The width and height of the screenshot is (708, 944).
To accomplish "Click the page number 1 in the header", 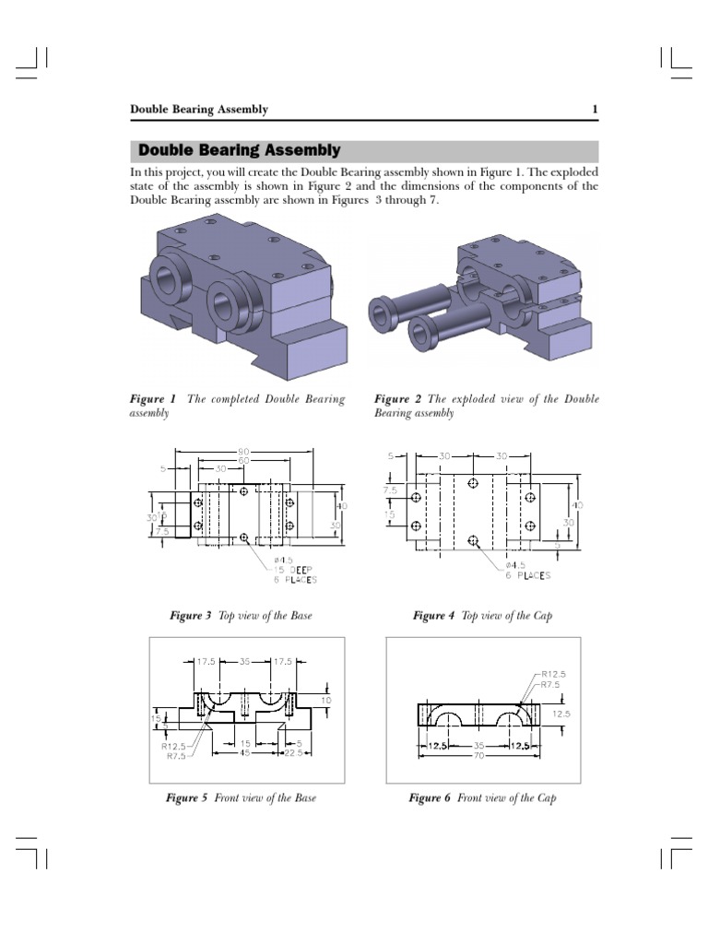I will coord(595,110).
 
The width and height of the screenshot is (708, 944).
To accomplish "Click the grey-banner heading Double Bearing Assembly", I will coord(239,150).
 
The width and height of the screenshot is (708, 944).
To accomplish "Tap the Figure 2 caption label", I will coord(397,399).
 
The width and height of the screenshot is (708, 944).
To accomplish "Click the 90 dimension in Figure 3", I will coord(243,452).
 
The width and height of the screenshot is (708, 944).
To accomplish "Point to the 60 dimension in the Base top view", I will coord(243,460).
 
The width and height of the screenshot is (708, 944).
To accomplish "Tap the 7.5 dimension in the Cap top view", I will coord(391,490).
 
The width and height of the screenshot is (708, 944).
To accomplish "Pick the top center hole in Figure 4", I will coord(473,483).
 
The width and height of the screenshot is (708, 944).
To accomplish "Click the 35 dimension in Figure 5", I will coord(245,661).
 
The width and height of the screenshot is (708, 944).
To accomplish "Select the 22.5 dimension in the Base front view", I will coord(296,752).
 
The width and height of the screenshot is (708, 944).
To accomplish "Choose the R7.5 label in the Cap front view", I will coord(554,685).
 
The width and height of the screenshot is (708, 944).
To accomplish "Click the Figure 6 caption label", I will coord(430,797).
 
